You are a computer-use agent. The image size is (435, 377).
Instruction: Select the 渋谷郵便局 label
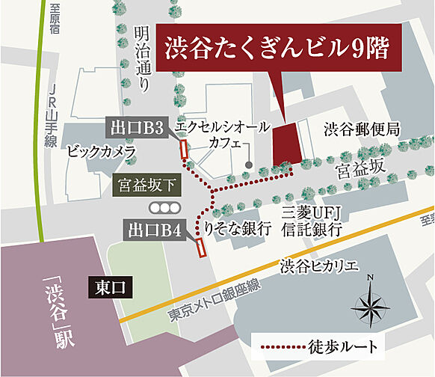pyautogui.click(x=362, y=129)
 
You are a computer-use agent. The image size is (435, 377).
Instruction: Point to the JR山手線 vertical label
pyautogui.click(x=50, y=116)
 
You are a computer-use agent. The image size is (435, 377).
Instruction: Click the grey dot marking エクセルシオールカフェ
pyautogui.click(x=249, y=164)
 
